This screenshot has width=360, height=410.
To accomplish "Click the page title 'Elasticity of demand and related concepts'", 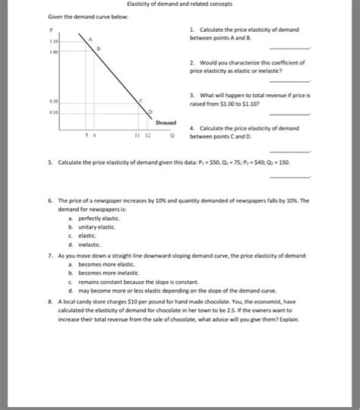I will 179,5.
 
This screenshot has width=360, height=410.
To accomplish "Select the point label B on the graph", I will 98,47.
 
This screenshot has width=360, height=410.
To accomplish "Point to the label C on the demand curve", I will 141,99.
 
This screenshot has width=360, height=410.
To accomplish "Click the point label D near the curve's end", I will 150,111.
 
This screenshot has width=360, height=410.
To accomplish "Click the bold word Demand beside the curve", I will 166,121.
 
